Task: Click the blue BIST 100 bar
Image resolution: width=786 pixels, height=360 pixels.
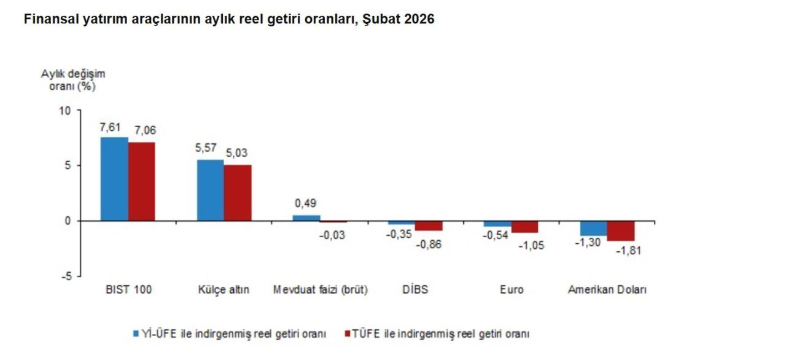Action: click(114, 179)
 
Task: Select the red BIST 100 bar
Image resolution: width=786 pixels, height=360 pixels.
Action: click(142, 181)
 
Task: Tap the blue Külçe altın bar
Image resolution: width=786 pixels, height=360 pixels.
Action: click(210, 190)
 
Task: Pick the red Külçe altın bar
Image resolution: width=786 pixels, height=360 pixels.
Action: click(238, 192)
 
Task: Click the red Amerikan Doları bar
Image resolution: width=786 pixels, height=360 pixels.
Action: click(621, 230)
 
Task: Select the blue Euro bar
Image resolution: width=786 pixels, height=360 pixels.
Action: click(497, 224)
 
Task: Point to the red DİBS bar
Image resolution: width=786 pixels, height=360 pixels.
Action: click(429, 225)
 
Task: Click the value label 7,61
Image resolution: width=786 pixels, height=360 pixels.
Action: click(111, 127)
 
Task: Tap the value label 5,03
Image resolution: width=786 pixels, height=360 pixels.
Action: click(237, 153)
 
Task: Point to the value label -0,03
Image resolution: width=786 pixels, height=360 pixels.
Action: click(333, 235)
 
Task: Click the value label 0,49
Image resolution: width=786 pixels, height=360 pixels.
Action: click(306, 203)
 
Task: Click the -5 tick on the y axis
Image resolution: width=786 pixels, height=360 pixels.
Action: click(66, 276)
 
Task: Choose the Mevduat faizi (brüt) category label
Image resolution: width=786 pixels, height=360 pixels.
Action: click(320, 290)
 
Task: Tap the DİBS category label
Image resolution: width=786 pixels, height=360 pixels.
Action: click(416, 290)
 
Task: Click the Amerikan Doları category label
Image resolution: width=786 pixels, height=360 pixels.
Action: click(607, 290)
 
